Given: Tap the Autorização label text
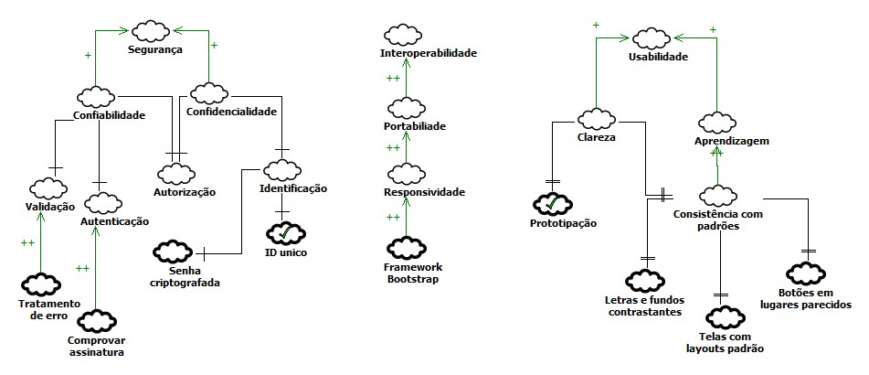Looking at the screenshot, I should [185, 192].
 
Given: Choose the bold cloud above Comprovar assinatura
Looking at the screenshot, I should [95, 321].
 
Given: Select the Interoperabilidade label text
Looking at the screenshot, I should [428, 54].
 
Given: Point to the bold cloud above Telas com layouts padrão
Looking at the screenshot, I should [722, 317].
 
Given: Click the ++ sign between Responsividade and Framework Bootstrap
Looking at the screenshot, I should [394, 217].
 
